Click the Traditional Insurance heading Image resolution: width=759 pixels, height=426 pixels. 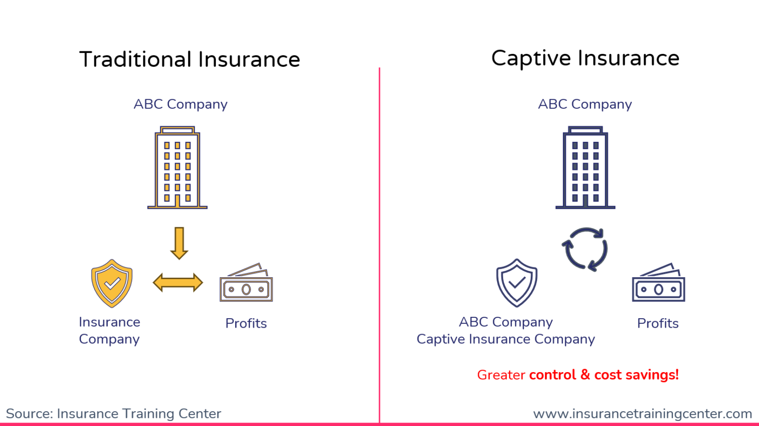point(189,60)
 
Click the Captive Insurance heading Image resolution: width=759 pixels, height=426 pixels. point(585,58)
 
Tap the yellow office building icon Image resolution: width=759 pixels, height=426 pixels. point(177,168)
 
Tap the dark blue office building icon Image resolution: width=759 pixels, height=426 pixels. point(585,168)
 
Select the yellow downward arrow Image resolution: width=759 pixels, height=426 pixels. point(179,243)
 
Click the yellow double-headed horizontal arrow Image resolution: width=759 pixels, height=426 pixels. point(178,283)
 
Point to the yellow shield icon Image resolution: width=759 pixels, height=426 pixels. point(112,283)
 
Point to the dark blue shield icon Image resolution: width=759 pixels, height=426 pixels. point(517,283)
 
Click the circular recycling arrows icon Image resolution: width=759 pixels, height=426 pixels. point(585,249)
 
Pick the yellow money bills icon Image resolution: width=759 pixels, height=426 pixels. point(246,284)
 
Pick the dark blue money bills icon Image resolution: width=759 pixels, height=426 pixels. point(659,284)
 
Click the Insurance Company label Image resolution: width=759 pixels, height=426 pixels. point(109,330)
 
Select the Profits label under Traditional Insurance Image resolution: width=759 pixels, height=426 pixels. point(246,323)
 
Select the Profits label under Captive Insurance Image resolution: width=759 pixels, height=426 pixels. point(658,323)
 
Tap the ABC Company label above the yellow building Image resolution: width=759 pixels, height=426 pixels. point(180,104)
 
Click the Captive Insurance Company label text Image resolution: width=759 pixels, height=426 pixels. point(506,339)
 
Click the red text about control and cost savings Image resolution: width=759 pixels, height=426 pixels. point(578,375)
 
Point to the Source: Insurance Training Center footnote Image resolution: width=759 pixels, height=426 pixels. point(113,413)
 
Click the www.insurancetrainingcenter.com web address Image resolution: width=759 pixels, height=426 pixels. point(642,413)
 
